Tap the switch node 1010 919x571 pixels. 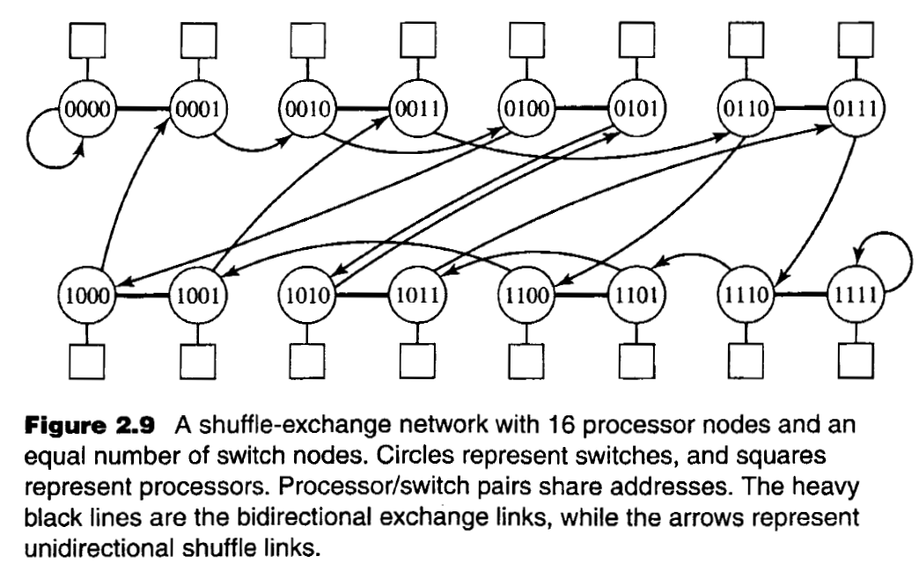[x=305, y=295]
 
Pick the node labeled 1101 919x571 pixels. [x=636, y=295]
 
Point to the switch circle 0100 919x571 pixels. [x=526, y=109]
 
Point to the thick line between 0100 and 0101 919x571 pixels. [x=581, y=109]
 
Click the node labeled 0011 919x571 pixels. [x=415, y=109]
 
